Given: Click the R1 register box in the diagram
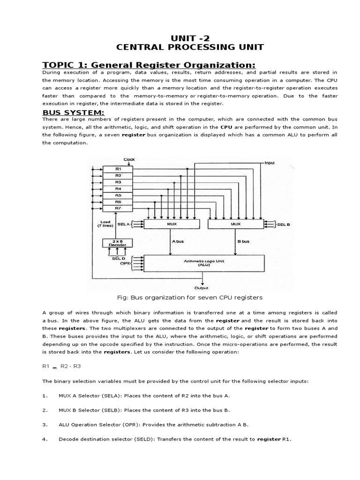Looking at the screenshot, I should tap(118, 168).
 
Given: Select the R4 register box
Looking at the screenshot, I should tap(118, 188).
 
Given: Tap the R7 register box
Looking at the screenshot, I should tap(118, 208).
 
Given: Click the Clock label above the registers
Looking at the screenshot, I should tap(129, 160).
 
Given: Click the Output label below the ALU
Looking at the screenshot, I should tap(202, 288).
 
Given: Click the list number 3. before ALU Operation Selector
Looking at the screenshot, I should tap(45, 425).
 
